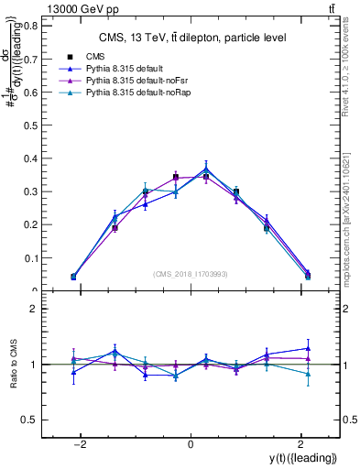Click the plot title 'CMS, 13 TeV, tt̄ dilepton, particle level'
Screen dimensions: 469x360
pos(191,38)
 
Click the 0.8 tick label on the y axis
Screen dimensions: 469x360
pos(29,26)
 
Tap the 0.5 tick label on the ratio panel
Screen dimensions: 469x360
pos(29,420)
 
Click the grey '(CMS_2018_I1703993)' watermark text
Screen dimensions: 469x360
pos(191,273)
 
